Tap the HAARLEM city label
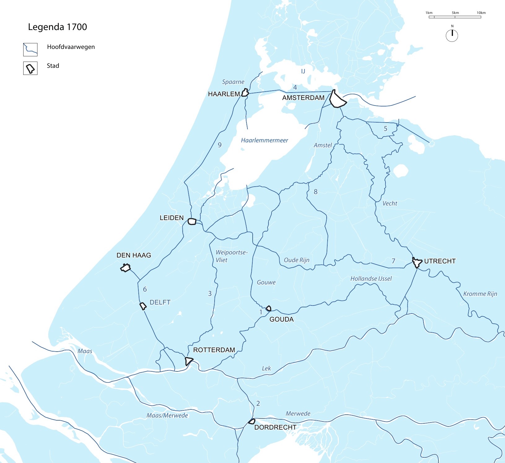pos(224,94)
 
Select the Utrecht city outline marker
pos(417,263)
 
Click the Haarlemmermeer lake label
pos(264,141)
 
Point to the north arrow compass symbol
pos(452,35)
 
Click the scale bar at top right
pos(455,17)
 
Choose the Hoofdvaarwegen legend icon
pos(30,50)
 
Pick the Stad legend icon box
pos(30,68)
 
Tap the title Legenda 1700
pos(57,27)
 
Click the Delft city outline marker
pos(143,306)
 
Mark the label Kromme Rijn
pos(480,294)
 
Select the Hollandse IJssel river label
pos(371,279)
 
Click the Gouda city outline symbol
pos(269,308)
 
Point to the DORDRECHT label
pos(275,427)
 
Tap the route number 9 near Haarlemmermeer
pos(220,145)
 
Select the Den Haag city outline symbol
pos(125,268)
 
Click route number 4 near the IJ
pos(295,88)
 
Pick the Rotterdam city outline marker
pos(188,361)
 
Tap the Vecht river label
pos(390,204)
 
